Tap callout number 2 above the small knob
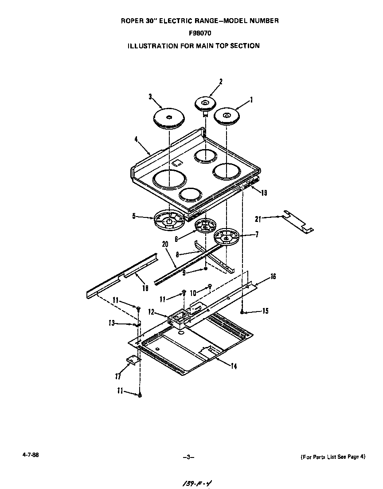pyautogui.click(x=221, y=81)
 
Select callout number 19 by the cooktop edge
pyautogui.click(x=264, y=193)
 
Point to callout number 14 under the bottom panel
pyautogui.click(x=233, y=366)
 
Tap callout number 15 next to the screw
pyautogui.click(x=265, y=311)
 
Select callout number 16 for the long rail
pyautogui.click(x=273, y=276)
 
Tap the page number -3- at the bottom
pyautogui.click(x=188, y=457)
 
